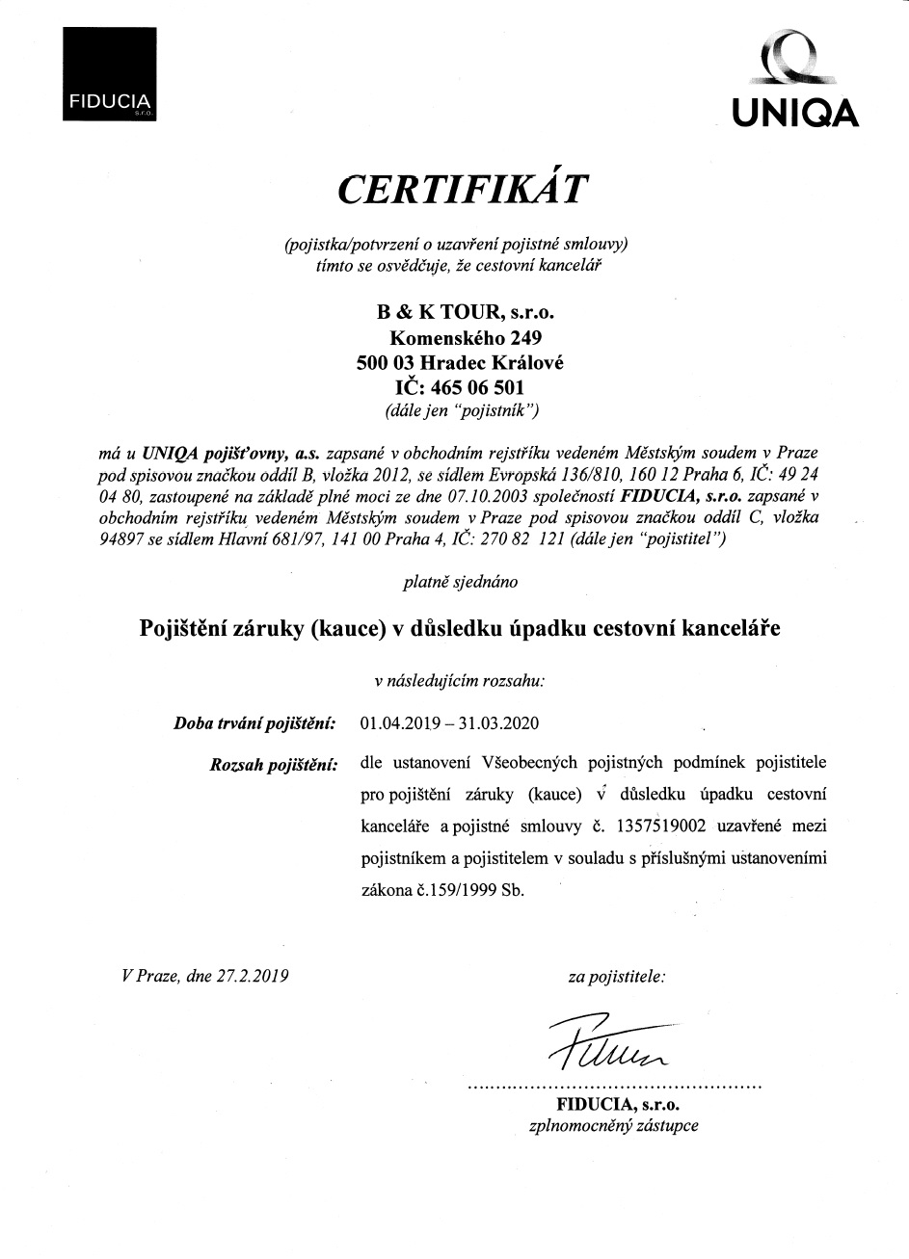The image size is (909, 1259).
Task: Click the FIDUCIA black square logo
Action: click(110, 74)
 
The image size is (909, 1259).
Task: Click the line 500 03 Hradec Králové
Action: click(460, 363)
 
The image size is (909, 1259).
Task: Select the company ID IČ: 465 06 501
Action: click(460, 387)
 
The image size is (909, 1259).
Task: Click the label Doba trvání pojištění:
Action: click(254, 722)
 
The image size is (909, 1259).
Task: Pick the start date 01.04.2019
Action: click(398, 722)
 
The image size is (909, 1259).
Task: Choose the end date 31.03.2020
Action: click(500, 722)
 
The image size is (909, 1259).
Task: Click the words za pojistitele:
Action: click(616, 976)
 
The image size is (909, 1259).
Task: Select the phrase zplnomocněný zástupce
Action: click(613, 1124)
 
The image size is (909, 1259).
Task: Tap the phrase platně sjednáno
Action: click(459, 582)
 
